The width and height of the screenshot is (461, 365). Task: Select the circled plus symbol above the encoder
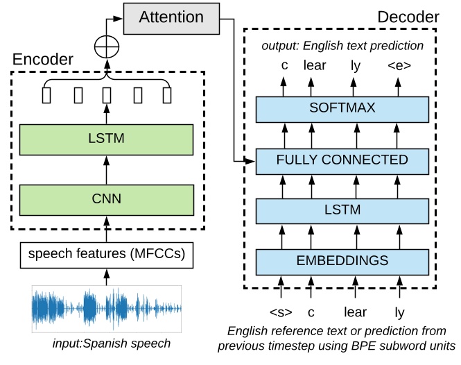click(106, 46)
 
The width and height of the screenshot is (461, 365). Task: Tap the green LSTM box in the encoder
click(106, 139)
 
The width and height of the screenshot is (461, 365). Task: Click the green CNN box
click(106, 199)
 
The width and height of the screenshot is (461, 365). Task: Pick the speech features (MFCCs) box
click(106, 255)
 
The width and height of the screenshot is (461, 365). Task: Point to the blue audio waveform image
click(106, 307)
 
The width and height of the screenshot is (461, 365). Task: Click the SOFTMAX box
click(342, 108)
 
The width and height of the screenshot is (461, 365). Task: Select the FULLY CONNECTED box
click(342, 160)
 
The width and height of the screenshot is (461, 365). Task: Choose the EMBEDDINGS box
click(342, 262)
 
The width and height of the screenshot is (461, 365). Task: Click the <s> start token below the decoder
click(281, 312)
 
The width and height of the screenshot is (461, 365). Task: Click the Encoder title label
click(43, 60)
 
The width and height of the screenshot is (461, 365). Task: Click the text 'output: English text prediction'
click(342, 46)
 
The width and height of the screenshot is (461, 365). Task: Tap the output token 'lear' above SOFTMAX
click(315, 67)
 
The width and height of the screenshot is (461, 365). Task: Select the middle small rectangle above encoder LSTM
click(106, 94)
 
